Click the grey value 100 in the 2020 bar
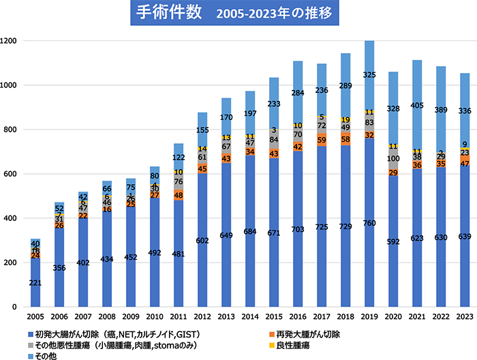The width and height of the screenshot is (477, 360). point(394,158)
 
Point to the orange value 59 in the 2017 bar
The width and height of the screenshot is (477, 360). point(322,140)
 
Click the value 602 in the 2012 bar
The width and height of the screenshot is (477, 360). point(202,240)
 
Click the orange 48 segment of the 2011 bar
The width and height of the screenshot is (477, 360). point(178,195)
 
